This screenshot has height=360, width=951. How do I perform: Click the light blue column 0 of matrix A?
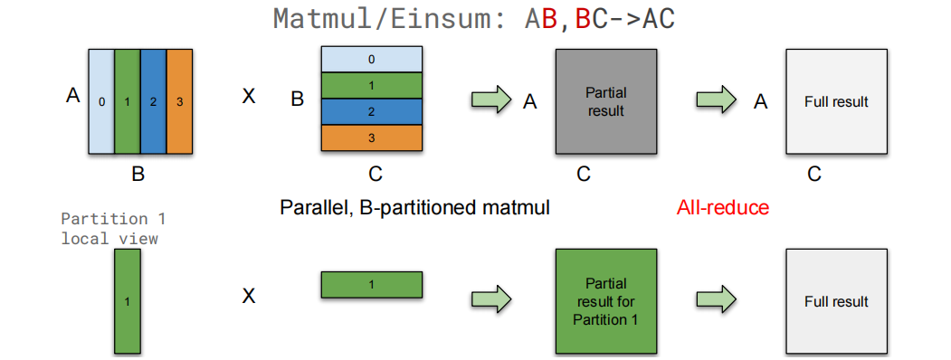point(101,101)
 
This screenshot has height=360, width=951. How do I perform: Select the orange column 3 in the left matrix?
point(180,101)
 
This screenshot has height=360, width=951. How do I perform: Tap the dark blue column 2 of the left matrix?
point(154,101)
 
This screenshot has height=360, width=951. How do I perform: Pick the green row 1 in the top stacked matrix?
point(372,84)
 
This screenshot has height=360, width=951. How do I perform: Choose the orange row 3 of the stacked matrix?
point(372,138)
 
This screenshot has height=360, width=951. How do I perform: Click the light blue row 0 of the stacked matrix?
point(372,59)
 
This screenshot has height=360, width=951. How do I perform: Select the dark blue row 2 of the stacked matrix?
point(372,111)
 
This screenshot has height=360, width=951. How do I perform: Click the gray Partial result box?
point(605,101)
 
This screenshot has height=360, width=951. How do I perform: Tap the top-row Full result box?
point(836,101)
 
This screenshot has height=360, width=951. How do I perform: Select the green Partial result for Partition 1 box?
point(605,301)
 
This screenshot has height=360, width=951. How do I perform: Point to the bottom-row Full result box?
point(836,301)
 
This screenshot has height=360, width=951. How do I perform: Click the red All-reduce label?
point(722,208)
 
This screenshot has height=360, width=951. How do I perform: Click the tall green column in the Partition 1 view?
point(128,301)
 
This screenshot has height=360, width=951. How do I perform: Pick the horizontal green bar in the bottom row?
point(372,285)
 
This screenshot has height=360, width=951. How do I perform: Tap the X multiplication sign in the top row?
point(249,96)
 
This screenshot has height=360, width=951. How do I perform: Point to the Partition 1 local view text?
point(113,229)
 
